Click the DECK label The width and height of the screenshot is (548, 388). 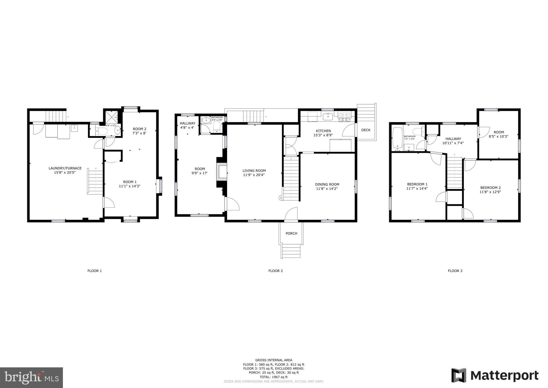click(366, 130)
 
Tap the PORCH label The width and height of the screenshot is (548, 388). click(291, 233)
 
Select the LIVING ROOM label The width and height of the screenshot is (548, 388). click(254, 171)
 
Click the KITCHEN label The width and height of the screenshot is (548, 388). click(323, 131)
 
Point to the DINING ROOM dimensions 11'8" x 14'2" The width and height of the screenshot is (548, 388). click(327, 189)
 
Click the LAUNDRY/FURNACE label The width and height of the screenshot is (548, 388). click(65, 168)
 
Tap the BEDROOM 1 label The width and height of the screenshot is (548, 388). click(417, 184)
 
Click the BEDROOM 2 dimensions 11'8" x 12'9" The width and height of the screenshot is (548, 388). click(490, 192)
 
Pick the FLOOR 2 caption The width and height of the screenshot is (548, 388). click(275, 271)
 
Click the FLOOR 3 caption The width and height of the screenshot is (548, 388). click(455, 271)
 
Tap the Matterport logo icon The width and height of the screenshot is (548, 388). click(459, 375)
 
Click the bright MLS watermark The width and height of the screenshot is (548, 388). click(31, 378)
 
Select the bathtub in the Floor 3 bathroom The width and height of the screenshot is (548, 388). click(398, 138)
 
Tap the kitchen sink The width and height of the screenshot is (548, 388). click(328, 117)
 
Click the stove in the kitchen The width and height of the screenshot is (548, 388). click(345, 116)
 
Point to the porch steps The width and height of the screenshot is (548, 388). click(291, 251)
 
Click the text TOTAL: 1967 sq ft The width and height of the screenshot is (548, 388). click(274, 377)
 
